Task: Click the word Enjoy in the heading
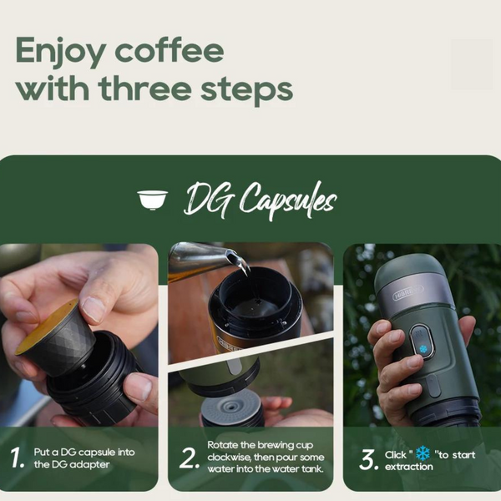[61, 52]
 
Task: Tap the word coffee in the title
[170, 50]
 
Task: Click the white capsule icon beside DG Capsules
[153, 200]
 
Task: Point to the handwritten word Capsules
[287, 200]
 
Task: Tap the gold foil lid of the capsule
[46, 326]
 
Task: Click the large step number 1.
[17, 458]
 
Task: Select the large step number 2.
[190, 458]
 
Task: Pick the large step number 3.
[368, 459]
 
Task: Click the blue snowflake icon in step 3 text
[423, 453]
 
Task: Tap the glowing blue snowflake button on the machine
[423, 348]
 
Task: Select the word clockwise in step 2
[229, 458]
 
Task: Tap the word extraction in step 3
[408, 467]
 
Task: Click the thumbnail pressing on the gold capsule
[92, 307]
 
